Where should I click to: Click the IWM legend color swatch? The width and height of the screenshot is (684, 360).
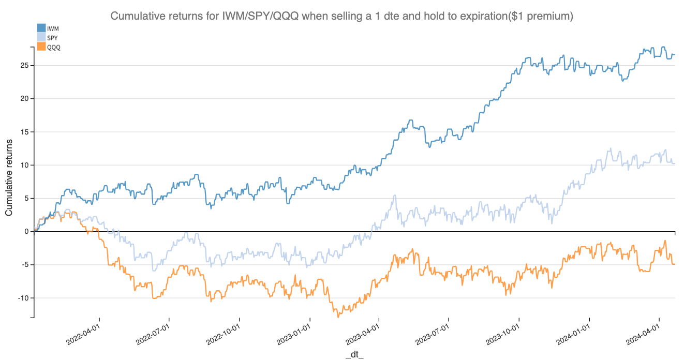tap(41, 28)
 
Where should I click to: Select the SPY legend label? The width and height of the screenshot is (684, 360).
tap(52, 38)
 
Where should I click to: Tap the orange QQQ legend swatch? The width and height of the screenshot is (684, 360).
tap(41, 47)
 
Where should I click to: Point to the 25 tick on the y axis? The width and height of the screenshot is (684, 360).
tap(24, 66)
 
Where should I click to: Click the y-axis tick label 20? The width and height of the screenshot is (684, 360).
tap(24, 99)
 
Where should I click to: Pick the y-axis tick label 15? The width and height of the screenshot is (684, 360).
tap(24, 132)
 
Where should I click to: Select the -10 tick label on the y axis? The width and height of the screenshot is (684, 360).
tap(23, 298)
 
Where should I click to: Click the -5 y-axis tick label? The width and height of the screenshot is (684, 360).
tap(24, 265)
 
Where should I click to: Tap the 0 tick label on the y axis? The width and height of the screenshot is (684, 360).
tap(26, 232)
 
